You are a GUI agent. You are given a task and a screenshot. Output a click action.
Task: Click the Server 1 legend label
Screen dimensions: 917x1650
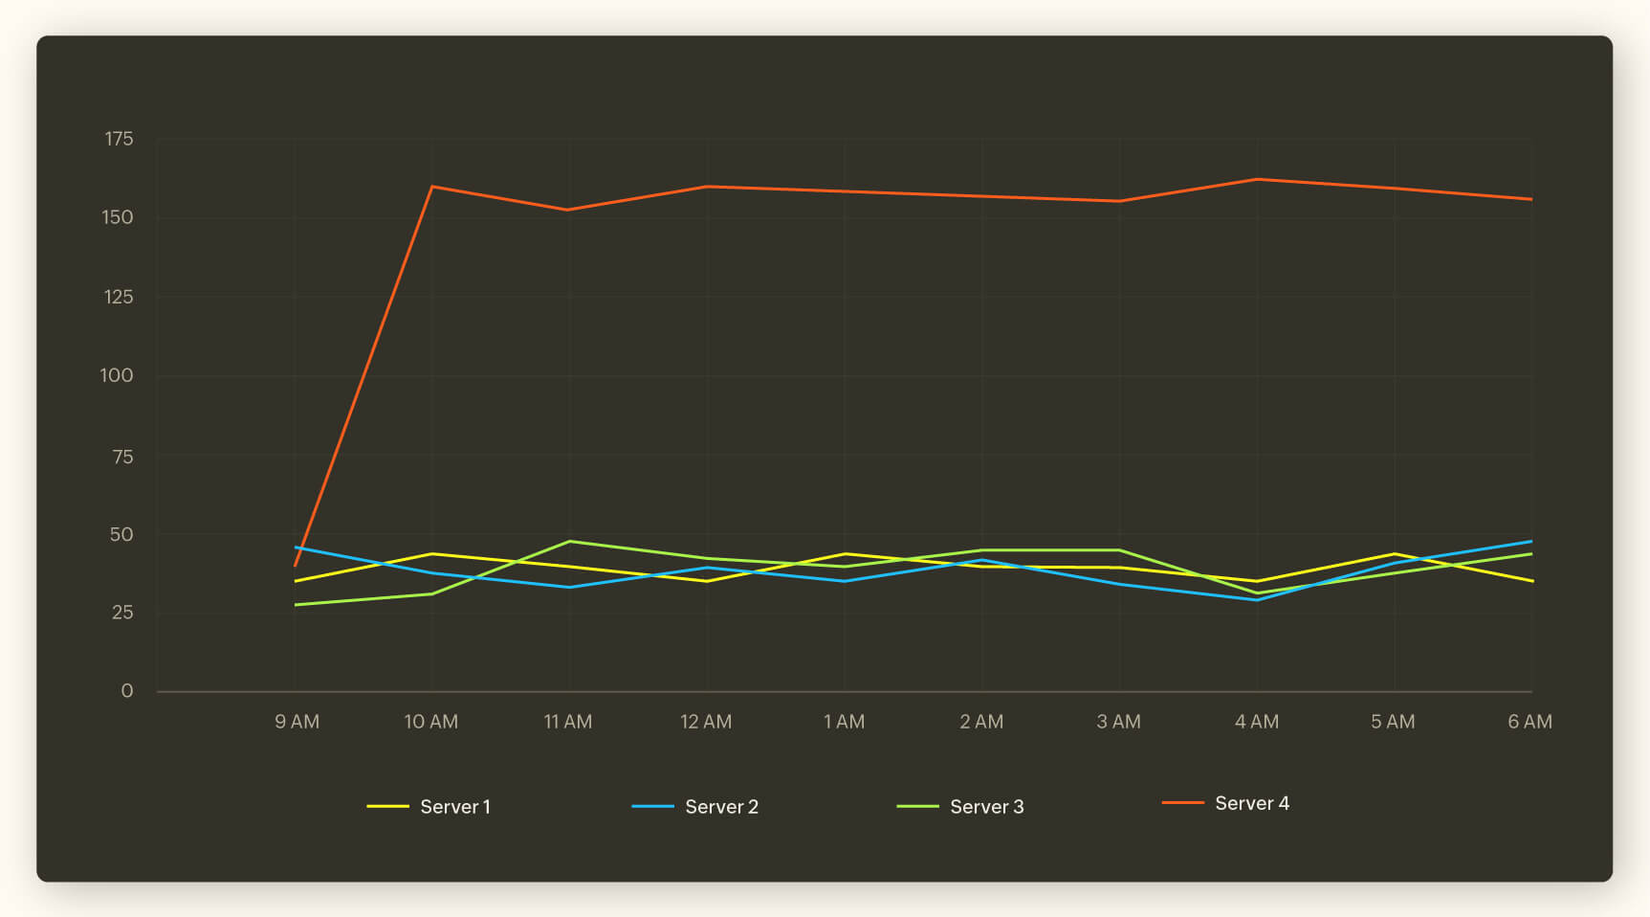click(454, 807)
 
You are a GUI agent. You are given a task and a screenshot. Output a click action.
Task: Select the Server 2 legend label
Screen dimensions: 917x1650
click(721, 807)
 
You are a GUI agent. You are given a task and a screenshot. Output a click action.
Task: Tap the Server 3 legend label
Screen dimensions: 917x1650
click(986, 807)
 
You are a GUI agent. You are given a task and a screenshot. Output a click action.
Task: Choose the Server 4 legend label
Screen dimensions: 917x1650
click(1251, 803)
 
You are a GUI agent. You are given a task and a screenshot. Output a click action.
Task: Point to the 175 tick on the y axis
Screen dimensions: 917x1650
click(119, 139)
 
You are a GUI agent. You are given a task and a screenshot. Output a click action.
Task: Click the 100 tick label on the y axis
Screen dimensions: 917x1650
click(117, 375)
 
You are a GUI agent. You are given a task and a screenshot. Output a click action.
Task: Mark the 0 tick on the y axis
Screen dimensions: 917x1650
click(126, 691)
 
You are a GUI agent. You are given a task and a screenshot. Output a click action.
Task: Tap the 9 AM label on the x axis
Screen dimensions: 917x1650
click(297, 722)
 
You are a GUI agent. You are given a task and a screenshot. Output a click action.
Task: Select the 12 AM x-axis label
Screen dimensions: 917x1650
click(706, 722)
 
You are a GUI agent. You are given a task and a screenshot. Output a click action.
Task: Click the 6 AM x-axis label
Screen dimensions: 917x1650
click(1529, 722)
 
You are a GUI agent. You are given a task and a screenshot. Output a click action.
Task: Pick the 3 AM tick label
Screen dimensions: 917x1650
click(1118, 722)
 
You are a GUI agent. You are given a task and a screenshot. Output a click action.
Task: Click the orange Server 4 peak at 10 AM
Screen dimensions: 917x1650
click(432, 187)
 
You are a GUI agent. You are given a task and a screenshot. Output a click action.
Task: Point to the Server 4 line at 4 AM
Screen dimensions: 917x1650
click(1257, 179)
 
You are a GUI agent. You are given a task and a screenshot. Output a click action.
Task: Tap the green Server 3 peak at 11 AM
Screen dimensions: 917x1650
click(569, 542)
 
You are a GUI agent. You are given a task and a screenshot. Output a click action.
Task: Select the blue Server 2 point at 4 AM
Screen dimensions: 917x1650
click(1257, 600)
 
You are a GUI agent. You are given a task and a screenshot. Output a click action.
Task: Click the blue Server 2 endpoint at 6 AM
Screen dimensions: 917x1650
click(1531, 542)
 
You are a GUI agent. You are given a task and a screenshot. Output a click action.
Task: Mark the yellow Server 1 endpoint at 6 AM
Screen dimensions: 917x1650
click(1531, 581)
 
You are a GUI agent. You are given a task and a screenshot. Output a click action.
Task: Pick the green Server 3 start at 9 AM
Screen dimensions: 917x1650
click(296, 605)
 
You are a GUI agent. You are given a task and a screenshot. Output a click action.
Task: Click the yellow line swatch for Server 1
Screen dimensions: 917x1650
click(387, 807)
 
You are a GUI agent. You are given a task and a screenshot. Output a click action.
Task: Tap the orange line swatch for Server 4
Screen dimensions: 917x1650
click(1182, 803)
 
